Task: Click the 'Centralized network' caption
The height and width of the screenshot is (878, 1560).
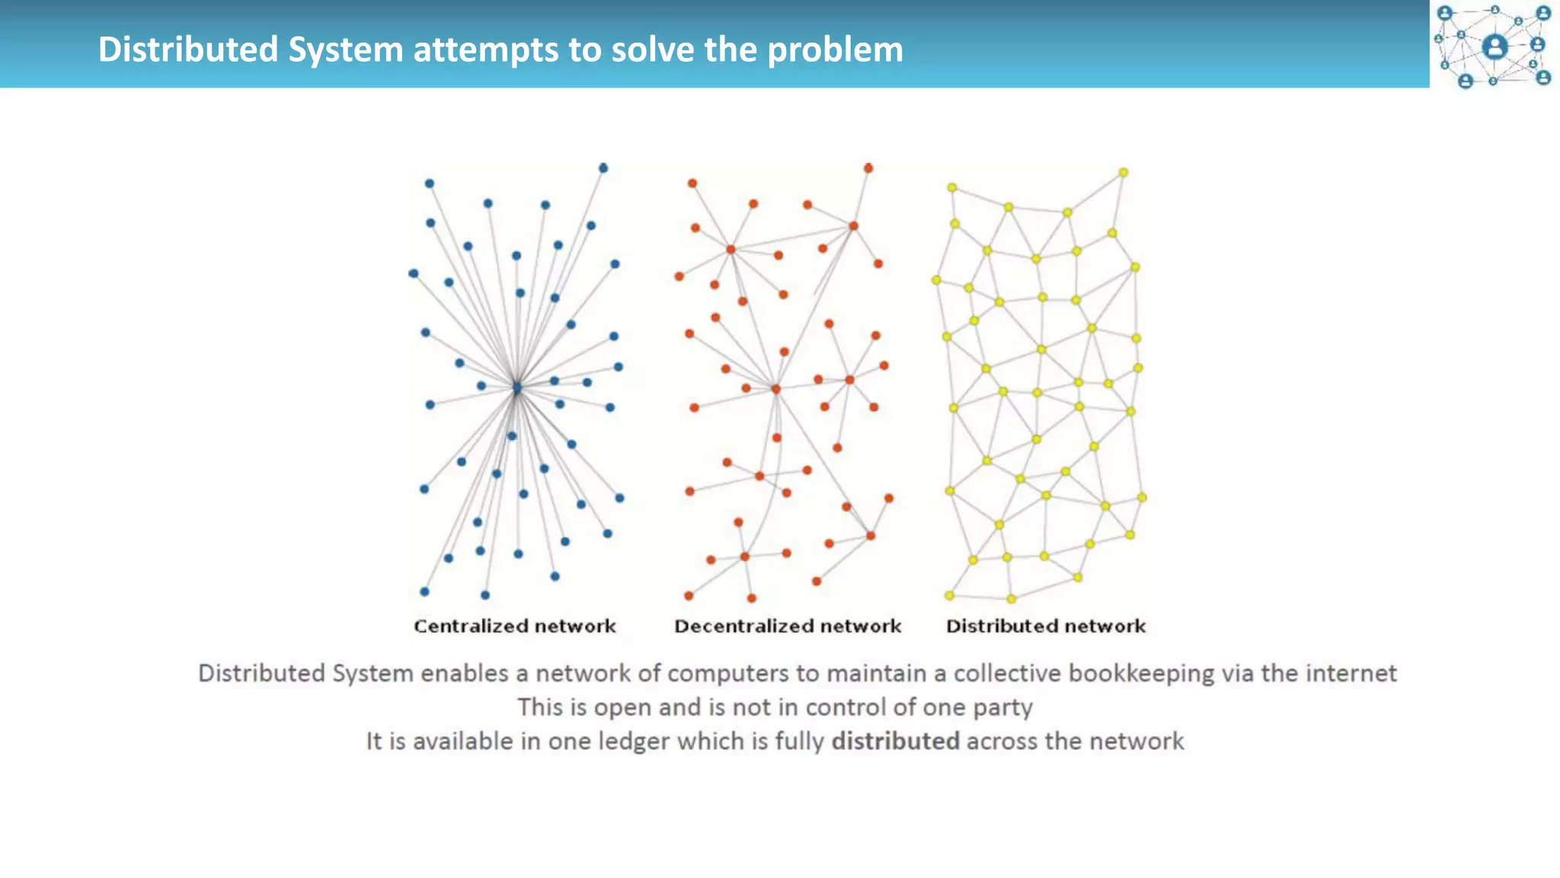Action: (514, 626)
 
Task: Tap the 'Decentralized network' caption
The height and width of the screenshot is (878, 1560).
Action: (788, 626)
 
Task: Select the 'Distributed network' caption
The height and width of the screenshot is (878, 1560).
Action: (1046, 626)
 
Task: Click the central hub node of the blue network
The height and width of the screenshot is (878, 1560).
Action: (517, 388)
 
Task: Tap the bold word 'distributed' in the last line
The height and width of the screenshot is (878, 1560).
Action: (895, 741)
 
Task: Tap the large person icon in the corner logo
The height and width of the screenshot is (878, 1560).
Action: (1494, 46)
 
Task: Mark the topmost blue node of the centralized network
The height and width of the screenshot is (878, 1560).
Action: (603, 168)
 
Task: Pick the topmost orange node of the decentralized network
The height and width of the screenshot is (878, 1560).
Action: (868, 168)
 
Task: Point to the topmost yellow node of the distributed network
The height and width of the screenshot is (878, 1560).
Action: (1123, 173)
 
